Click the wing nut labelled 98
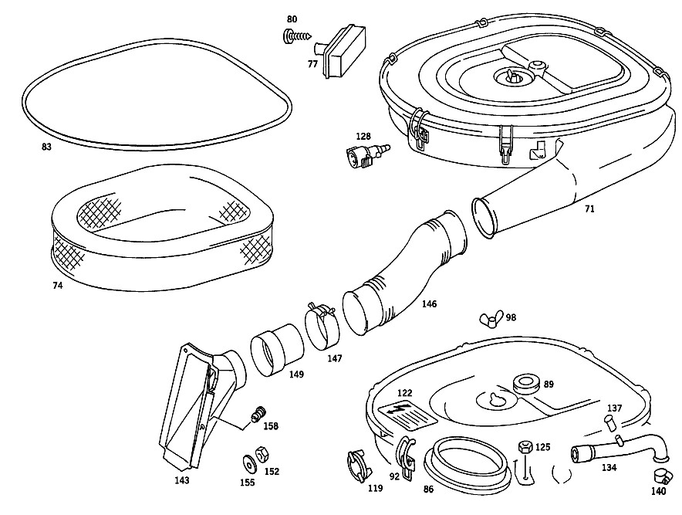click(491, 319)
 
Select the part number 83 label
click(46, 147)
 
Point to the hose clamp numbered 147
click(322, 326)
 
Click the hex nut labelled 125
click(525, 447)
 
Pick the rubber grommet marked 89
click(526, 382)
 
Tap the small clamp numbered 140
click(660, 476)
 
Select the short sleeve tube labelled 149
click(277, 350)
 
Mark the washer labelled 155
click(248, 464)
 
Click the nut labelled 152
click(262, 455)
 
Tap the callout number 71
click(589, 209)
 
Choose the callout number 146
click(429, 304)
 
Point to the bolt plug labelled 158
click(258, 413)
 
